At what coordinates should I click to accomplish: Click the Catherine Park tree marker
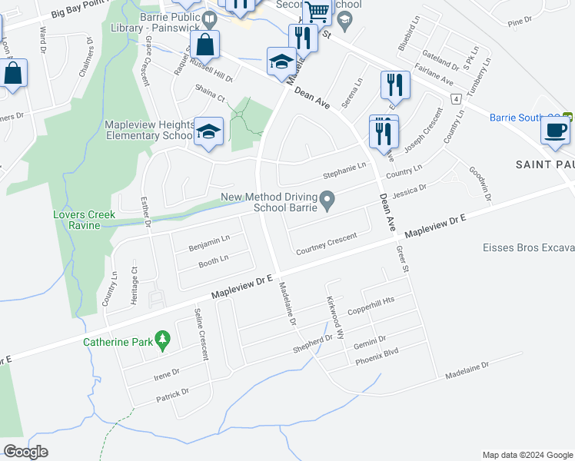(162, 338)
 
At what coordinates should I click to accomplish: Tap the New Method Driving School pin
(327, 202)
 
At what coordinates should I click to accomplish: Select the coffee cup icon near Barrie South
(554, 129)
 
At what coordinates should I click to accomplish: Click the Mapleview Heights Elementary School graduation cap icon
(208, 132)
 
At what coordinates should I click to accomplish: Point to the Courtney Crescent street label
(327, 243)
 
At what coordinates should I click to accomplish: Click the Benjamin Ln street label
(209, 242)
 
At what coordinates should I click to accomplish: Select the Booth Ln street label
(214, 262)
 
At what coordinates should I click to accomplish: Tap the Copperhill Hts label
(371, 306)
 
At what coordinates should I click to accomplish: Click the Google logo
(26, 452)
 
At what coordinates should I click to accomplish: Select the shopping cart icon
(316, 12)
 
